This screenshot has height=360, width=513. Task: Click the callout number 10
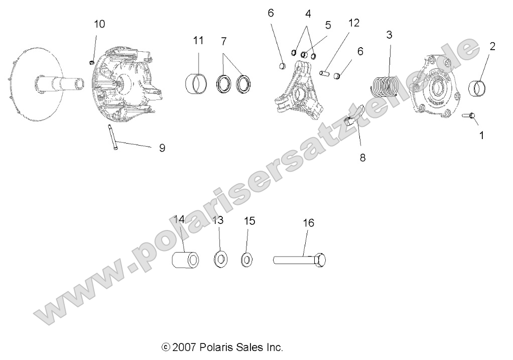[x=99, y=24]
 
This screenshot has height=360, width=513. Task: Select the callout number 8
[x=362, y=158]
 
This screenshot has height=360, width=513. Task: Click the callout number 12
[x=354, y=23]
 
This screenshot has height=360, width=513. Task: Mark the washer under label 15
[x=246, y=260]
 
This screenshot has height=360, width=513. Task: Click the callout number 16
[x=308, y=222]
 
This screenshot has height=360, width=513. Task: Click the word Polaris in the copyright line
[x=216, y=347]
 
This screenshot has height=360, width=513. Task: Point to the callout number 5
[x=328, y=25]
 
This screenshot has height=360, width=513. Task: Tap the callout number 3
[x=389, y=35]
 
